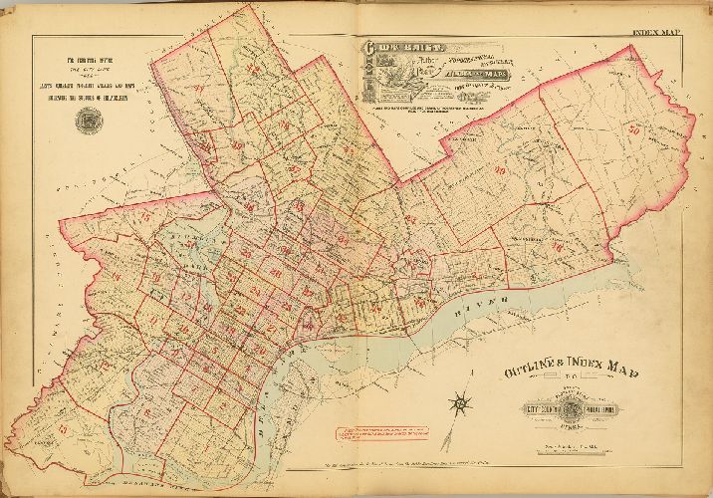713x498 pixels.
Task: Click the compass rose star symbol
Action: pos(460,404)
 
